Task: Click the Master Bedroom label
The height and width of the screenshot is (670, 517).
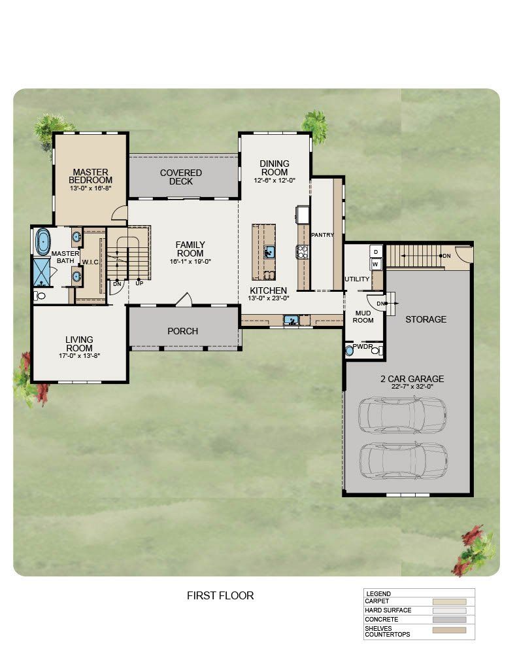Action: tap(90, 176)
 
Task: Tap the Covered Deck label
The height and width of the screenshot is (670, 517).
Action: tap(181, 177)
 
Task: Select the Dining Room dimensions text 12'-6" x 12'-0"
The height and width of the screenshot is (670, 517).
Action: tap(275, 181)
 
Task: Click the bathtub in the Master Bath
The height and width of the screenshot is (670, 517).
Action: tap(42, 242)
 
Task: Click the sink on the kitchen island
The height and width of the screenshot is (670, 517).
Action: tap(269, 252)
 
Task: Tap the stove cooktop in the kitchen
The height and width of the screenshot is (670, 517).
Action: tap(302, 252)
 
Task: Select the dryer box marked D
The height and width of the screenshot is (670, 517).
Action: tap(376, 252)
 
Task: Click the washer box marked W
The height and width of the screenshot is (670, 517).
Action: tap(376, 264)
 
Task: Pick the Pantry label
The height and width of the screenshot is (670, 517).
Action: tap(322, 235)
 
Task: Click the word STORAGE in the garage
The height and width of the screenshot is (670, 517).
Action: tap(425, 319)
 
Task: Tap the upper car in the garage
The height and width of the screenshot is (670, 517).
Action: tap(402, 415)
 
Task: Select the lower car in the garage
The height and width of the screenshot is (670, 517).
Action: tap(403, 461)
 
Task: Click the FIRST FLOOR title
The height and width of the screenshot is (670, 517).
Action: tap(220, 595)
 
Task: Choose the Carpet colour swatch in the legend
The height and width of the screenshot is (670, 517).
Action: tap(449, 602)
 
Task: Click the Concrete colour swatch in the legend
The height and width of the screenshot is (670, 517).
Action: tap(449, 620)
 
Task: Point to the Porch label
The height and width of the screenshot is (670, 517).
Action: tap(183, 331)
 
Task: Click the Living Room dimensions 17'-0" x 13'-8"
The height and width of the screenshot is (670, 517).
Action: tap(79, 355)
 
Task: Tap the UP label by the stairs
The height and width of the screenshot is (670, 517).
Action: tap(139, 283)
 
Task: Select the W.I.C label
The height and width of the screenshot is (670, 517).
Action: tap(90, 262)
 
